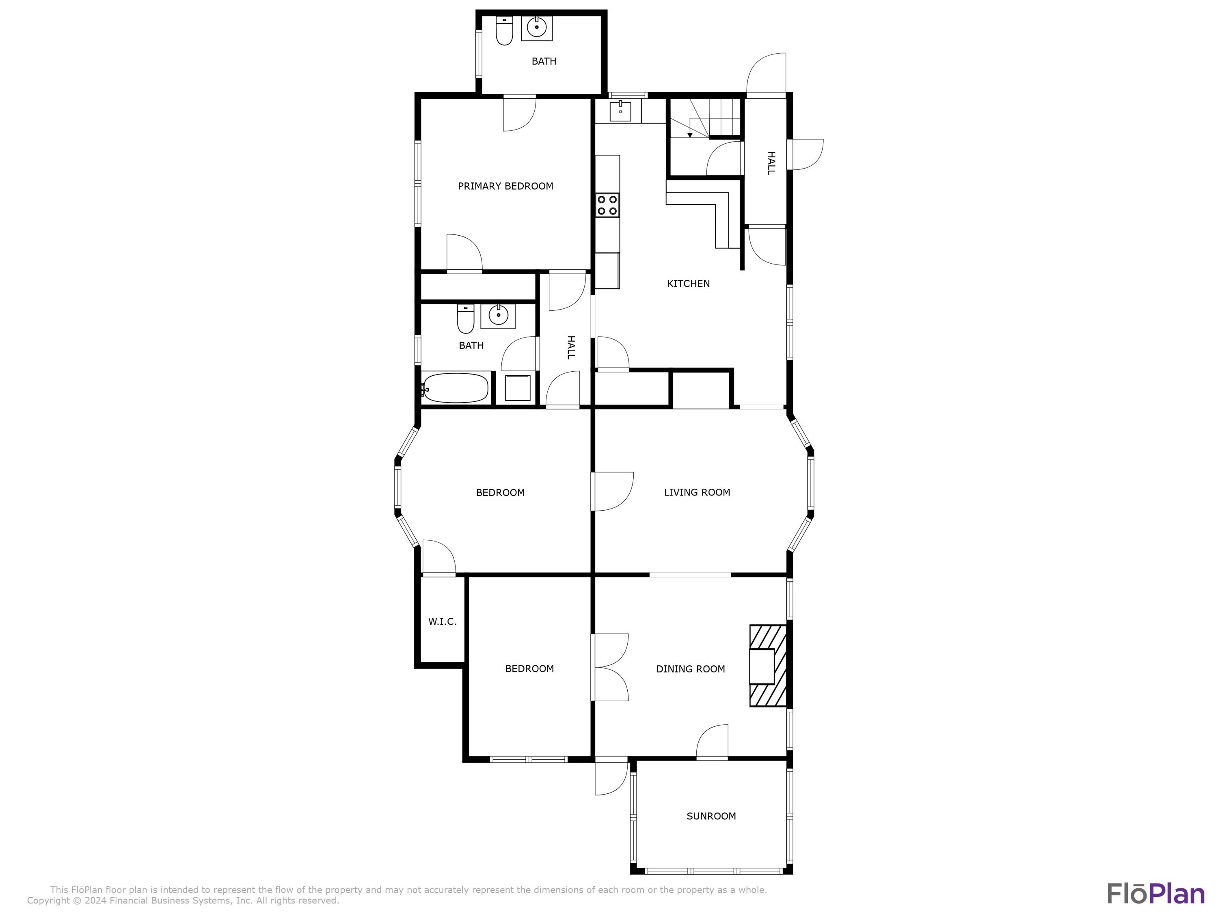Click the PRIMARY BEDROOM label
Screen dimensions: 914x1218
505,186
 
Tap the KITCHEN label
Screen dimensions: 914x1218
688,284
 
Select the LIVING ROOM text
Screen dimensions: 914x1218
697,492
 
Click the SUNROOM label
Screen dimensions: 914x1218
711,816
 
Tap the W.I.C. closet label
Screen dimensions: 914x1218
442,622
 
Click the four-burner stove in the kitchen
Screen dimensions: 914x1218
607,205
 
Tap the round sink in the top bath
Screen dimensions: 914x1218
536,26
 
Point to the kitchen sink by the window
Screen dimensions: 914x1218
620,111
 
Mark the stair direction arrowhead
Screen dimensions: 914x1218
689,135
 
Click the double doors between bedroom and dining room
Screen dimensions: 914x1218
610,667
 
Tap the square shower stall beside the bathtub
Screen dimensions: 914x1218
517,388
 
